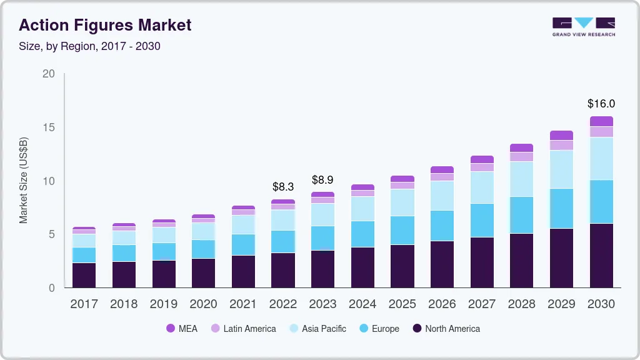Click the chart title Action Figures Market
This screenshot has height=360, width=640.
coord(105,26)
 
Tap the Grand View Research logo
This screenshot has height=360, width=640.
coord(584,27)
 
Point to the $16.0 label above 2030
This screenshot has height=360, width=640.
coord(601,104)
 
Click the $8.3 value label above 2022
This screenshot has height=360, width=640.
coord(283,186)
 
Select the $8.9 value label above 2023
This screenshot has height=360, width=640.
coord(322,180)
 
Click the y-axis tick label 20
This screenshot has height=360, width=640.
coord(49,74)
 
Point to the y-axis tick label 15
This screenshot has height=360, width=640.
coord(49,127)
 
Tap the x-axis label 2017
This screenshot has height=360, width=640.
coord(84,304)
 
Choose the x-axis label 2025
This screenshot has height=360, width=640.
coord(402,304)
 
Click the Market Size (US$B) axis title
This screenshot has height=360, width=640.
coord(24,181)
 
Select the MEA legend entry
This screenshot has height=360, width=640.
coord(181,328)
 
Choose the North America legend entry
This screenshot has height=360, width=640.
coord(446,328)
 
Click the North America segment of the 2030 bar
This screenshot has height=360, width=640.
coord(601,255)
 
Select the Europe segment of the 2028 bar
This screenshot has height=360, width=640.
coord(522,215)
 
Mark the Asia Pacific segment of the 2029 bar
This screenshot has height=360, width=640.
coord(561,169)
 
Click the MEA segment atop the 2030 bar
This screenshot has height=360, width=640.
coord(601,121)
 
